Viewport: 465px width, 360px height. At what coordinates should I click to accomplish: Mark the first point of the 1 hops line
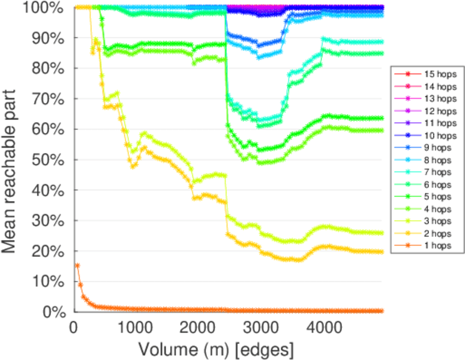click(77, 265)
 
